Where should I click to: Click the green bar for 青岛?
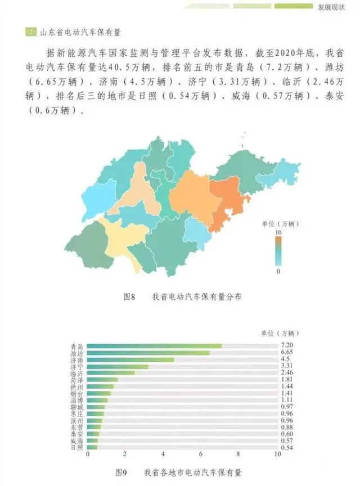pos(155,346)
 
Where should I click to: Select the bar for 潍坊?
pos(149,353)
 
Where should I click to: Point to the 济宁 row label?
pos(78,366)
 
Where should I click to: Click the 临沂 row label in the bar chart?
pos(78,373)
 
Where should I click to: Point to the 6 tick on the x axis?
pos(201,454)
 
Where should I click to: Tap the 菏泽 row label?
pos(78,380)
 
